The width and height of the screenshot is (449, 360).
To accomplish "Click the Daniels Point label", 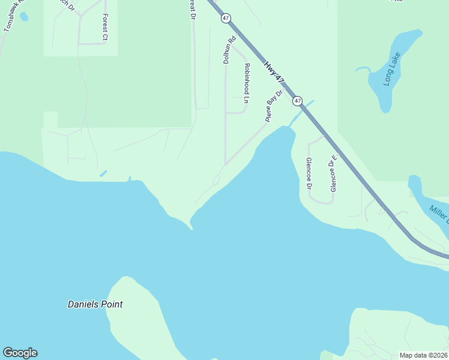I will pos(95,304).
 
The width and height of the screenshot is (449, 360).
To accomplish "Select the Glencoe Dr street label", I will pos(309,173).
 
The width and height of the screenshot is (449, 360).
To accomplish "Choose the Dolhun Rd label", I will pos(228,50).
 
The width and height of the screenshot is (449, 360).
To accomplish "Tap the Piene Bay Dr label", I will pos(274,106).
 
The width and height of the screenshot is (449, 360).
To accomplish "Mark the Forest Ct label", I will pos(104,28).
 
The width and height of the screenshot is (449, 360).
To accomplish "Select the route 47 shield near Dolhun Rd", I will pos(226,19).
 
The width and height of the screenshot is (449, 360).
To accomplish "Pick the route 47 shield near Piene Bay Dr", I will pos(298,101).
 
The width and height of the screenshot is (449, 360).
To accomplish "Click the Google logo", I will pos(20,353).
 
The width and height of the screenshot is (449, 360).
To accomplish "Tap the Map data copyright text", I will pos(423,355).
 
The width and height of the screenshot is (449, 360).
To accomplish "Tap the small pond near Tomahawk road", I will pos(24,16).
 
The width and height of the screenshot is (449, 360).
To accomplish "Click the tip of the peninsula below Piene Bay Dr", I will pos(191,227).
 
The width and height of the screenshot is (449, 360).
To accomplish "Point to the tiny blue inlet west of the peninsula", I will pos(103,173).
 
